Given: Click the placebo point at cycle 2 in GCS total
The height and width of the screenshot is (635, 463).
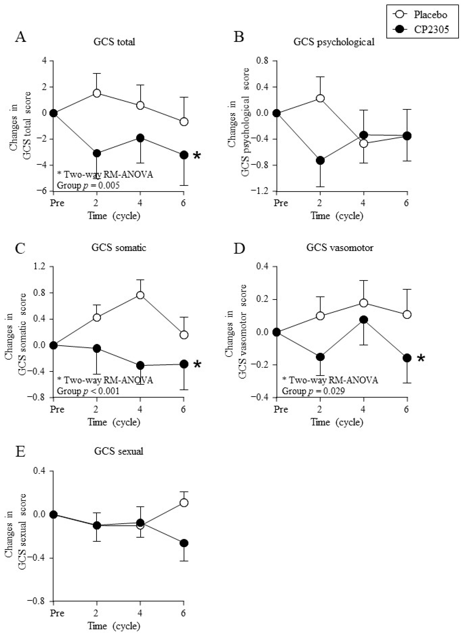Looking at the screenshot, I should pyautogui.click(x=97, y=93).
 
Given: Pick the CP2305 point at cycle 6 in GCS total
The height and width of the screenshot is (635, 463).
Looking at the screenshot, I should pyautogui.click(x=184, y=155).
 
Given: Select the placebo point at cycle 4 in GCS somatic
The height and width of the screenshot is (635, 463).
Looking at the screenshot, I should pyautogui.click(x=140, y=295).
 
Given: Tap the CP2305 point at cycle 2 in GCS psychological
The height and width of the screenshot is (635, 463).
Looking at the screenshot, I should pyautogui.click(x=320, y=161).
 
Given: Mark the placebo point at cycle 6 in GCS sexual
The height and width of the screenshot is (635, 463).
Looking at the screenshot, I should pyautogui.click(x=184, y=503).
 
